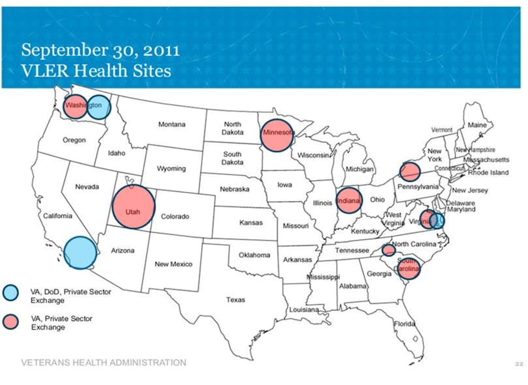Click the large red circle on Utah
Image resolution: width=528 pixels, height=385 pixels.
coord(134,208)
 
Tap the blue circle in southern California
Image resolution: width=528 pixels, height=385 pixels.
coord(80,253)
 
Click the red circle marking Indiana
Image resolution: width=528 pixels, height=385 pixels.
coord(349,200)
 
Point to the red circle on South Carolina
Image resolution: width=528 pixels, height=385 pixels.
coord(409,267)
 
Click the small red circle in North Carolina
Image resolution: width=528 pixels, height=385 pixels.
coord(388,250)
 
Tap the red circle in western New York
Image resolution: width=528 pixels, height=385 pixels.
coord(409,172)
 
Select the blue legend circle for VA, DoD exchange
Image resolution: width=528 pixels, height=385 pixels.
coord(11,292)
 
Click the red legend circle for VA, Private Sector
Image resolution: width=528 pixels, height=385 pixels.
coord(11,322)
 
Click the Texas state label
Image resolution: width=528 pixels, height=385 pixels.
coord(236,300)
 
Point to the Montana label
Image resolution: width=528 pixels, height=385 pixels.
coord(172,125)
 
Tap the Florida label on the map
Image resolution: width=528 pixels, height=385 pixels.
coord(405,324)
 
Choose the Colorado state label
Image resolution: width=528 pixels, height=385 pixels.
coord(174,217)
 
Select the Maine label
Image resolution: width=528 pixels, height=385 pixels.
coord(476,124)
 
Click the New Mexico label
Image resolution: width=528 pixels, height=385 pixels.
coord(173,264)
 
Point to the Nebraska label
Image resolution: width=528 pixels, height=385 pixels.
coord(233,189)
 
